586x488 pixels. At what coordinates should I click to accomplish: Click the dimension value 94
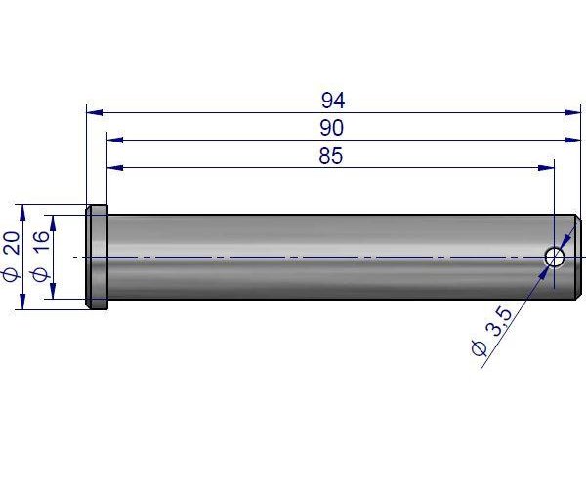(x=333, y=101)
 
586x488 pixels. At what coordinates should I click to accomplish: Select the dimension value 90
(x=331, y=128)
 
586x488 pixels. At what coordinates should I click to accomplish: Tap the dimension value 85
(x=331, y=156)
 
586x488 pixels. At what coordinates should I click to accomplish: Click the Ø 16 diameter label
(x=41, y=256)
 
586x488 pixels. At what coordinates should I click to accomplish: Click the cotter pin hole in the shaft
(x=554, y=258)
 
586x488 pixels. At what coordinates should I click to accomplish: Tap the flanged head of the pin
(x=97, y=257)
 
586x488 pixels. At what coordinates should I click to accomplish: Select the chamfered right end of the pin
(x=578, y=257)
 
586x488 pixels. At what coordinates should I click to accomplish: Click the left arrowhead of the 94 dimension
(x=95, y=112)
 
